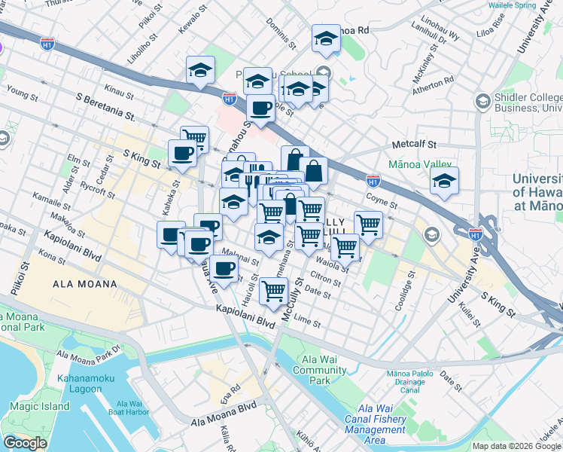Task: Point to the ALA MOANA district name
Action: tap(84, 284)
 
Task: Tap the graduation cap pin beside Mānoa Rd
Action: tap(326, 39)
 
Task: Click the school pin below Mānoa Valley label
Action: tap(444, 182)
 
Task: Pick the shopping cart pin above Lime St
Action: tap(274, 291)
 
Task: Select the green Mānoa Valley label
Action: tap(419, 163)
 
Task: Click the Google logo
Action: tap(25, 443)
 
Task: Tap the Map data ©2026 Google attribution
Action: tap(516, 446)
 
